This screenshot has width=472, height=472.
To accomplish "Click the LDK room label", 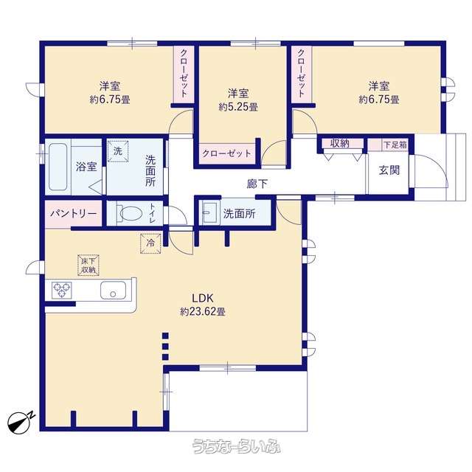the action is point(203,298).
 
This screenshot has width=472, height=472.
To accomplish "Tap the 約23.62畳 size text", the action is point(203,311).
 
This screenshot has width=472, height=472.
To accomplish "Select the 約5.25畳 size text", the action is point(238,107).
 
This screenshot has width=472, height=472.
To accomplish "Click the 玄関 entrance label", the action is point(389,170).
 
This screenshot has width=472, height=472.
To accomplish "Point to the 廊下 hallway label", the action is point(257,184).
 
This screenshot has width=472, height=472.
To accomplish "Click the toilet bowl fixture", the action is point(129,213).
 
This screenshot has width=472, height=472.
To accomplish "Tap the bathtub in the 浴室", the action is point(58,167).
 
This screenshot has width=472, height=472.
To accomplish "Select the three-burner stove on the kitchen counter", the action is point(62,290).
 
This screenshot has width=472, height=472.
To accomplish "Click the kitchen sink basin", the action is point(113,290).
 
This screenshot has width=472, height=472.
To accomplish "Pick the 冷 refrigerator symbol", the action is point(150,243).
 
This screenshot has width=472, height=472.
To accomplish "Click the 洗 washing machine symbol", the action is point(118,151).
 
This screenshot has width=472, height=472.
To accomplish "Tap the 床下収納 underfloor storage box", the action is point(88,265).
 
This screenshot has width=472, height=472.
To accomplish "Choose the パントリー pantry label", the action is point(74,213).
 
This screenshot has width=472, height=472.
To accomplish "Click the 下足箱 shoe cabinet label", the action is point(395,145).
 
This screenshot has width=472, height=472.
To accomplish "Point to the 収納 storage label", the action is point(340,143).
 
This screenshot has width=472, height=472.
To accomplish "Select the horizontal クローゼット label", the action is point(226,153).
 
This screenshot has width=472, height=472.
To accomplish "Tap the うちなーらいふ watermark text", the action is point(237,446).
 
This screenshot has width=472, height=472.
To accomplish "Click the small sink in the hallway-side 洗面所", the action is point(209,213).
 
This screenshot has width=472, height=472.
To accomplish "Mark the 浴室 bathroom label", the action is point(86,166).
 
